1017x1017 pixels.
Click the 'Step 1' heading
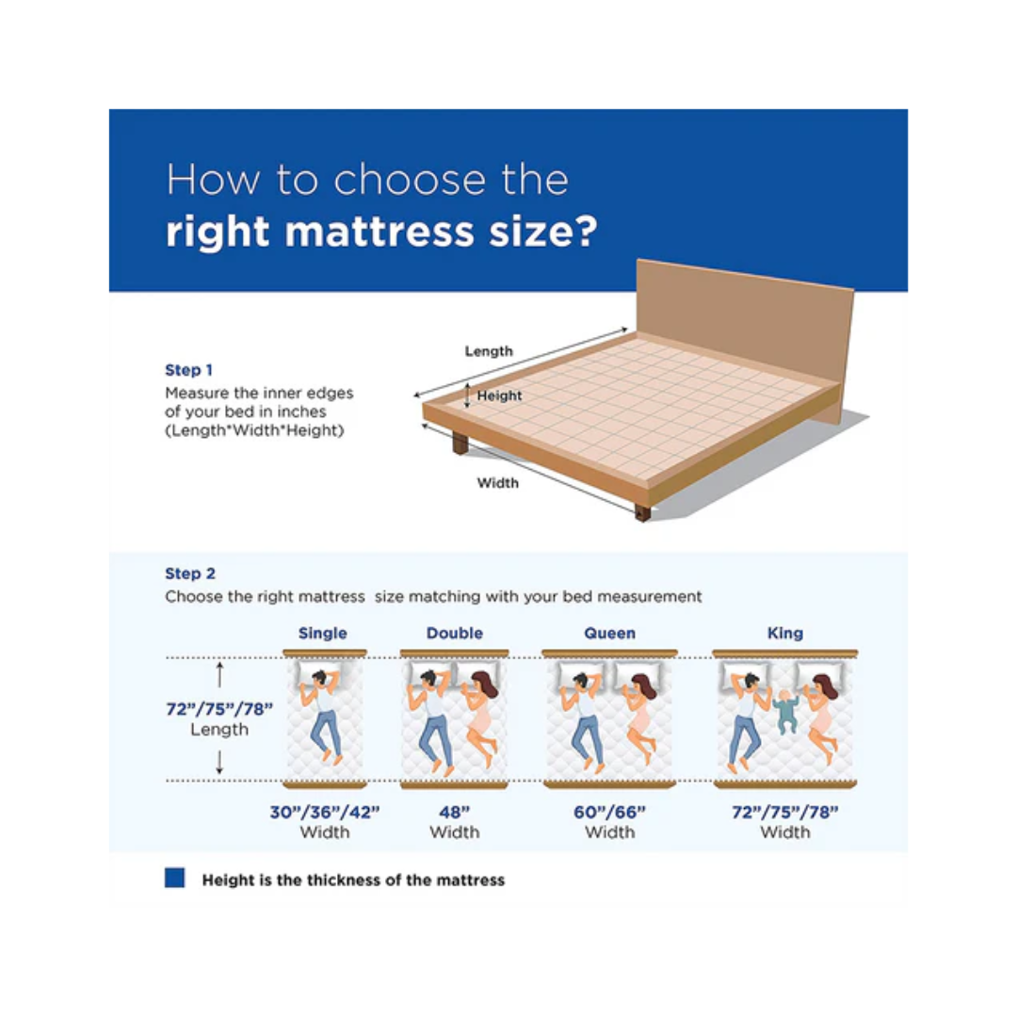pos(188,370)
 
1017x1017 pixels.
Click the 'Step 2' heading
pos(190,573)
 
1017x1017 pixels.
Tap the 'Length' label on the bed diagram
pos(489,351)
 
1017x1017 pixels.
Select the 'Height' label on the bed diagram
pos(499,395)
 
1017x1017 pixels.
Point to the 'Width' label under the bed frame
pos(497,482)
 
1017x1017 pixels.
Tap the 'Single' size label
pos(322,633)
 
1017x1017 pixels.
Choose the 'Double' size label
pos(454,633)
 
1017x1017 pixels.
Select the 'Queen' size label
pos(609,633)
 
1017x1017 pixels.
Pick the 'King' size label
pos(784,633)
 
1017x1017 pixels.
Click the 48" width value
pos(454,812)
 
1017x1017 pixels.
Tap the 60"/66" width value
pos(609,812)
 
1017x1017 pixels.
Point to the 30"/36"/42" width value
pos(324,812)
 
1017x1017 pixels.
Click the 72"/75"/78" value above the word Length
pos(219,709)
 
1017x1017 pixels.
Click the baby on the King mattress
pos(786,712)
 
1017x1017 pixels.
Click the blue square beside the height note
pos(174,878)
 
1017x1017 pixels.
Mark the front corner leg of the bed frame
pos(643,512)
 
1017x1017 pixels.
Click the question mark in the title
pos(586,231)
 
